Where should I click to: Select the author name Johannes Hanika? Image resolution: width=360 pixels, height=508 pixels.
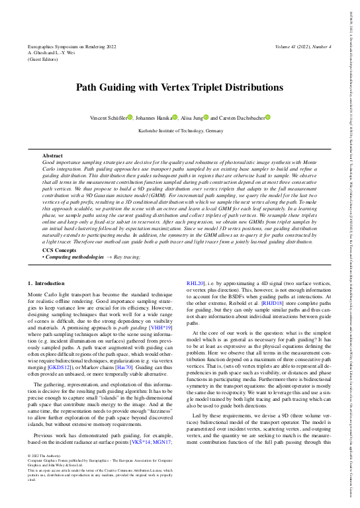click(x=155, y=118)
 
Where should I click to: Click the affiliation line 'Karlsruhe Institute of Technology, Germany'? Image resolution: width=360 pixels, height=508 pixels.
click(x=180, y=131)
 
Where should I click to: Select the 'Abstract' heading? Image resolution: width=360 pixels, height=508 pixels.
click(x=52, y=155)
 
